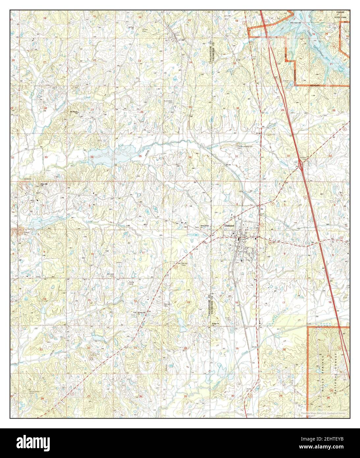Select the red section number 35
pyautogui.click(x=140, y=156)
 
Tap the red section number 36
pyautogui.click(x=190, y=157)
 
